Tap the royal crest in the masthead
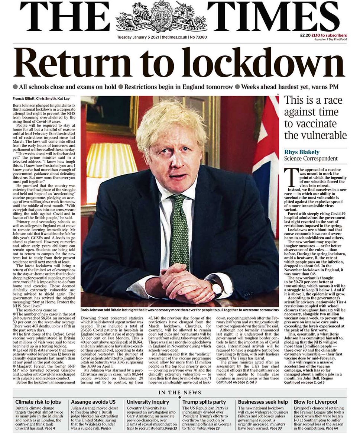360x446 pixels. pos(161,16)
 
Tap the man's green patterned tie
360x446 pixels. pos(180,230)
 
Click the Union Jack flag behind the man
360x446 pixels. pos(267,156)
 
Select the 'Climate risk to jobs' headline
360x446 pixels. pos(38,402)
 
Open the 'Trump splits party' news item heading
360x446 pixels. pos(204,402)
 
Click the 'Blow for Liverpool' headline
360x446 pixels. pos(315,402)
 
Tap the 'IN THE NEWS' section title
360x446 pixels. pos(180,392)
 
